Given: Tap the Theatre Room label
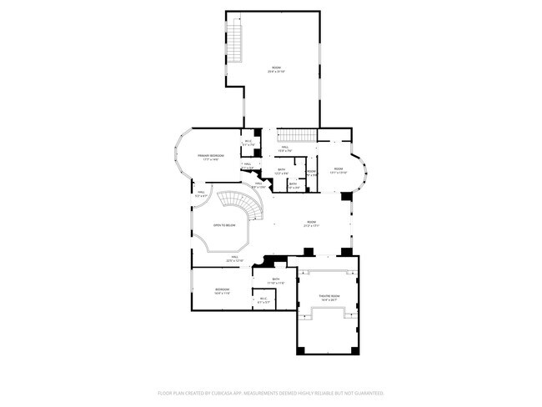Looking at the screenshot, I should pyautogui.click(x=329, y=296).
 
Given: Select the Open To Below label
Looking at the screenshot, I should pyautogui.click(x=224, y=225).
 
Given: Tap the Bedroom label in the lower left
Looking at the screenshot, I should pyautogui.click(x=223, y=289).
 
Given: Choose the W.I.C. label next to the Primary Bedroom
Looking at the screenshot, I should pyautogui.click(x=248, y=142).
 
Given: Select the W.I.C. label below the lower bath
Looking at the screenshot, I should pyautogui.click(x=263, y=299).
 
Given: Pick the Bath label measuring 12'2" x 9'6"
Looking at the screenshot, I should pyautogui.click(x=282, y=171).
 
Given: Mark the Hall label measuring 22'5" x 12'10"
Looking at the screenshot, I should pyautogui.click(x=236, y=258).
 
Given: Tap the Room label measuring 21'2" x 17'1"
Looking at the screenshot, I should pyautogui.click(x=312, y=224).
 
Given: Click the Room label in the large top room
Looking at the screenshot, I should pyautogui.click(x=276, y=68).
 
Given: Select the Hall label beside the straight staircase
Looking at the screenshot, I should pyautogui.click(x=284, y=148).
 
